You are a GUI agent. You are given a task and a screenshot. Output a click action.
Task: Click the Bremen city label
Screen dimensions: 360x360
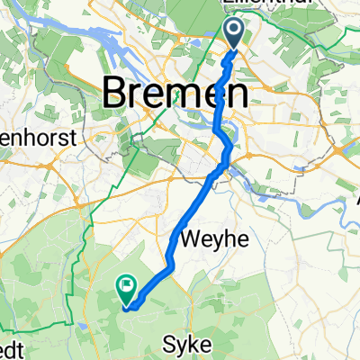[175, 92]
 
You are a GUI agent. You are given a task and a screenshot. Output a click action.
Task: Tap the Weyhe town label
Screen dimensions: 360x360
[211, 239]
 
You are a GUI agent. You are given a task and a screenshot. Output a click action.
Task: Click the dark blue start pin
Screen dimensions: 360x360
[234, 34]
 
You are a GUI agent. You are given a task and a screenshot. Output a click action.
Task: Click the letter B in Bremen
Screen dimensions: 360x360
[117, 92]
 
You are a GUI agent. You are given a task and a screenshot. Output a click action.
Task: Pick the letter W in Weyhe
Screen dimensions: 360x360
[191, 239]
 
